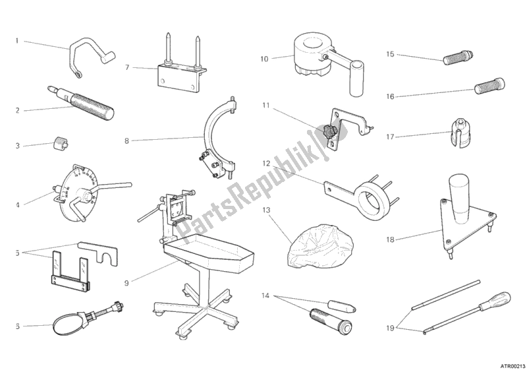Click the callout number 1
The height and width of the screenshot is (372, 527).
[17, 41]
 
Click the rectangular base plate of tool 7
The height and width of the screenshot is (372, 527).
[177, 79]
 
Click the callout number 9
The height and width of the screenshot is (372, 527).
[126, 283]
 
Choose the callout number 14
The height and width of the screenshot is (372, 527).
[265, 296]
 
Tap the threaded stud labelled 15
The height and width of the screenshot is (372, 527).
[458, 57]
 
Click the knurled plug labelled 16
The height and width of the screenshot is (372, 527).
[489, 86]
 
